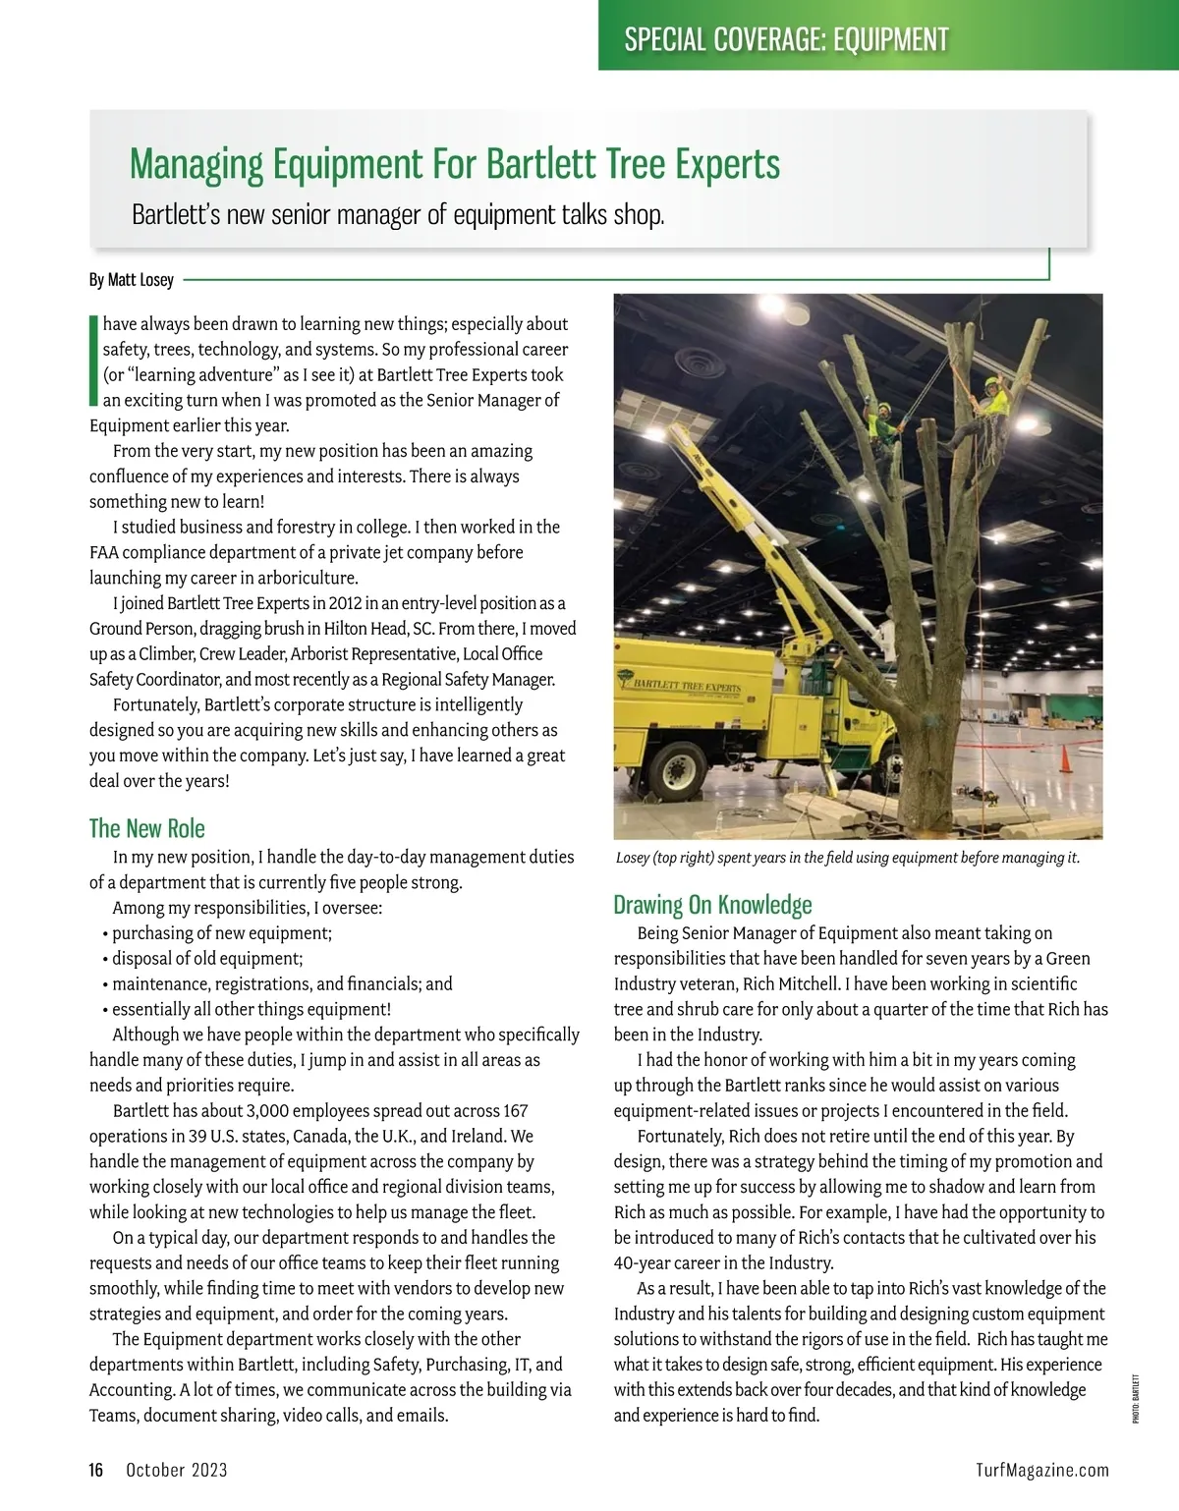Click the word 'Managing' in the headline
(x=196, y=164)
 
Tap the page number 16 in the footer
(x=96, y=1470)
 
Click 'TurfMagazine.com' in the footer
(x=1042, y=1470)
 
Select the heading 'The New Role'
(x=147, y=828)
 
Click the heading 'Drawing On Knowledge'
(x=712, y=904)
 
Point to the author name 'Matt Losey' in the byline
(x=140, y=280)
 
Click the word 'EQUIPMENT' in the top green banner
(x=890, y=39)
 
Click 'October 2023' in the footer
(x=177, y=1470)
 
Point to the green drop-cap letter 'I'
(x=93, y=361)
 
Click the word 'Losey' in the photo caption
(x=636, y=858)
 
